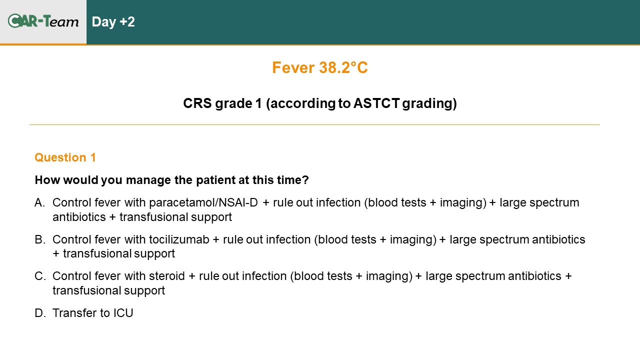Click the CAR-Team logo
(43, 21)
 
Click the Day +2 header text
(113, 21)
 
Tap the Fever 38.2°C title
(319, 67)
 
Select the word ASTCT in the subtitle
(376, 103)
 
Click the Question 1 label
(65, 157)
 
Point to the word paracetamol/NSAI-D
(203, 202)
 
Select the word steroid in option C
(167, 276)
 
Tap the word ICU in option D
(123, 313)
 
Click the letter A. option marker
(39, 202)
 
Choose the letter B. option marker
(40, 239)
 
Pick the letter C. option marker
(40, 276)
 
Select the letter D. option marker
(40, 313)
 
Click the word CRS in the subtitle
(197, 103)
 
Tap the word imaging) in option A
(463, 202)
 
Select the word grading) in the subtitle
(429, 103)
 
